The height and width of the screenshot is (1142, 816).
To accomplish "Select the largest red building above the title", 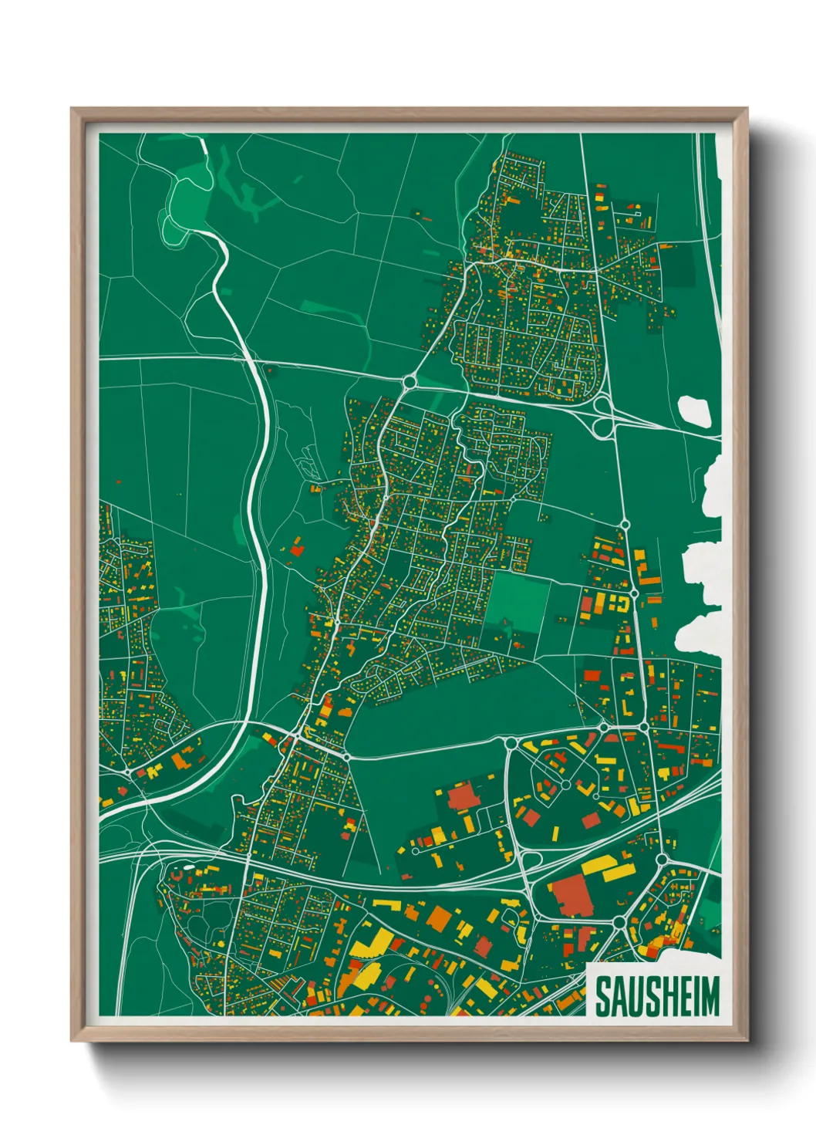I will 572,895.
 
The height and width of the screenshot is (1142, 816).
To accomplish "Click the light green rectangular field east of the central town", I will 517,598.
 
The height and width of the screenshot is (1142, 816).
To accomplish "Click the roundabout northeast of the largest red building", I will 661,859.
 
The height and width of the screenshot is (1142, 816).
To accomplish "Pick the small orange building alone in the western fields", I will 296,549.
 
